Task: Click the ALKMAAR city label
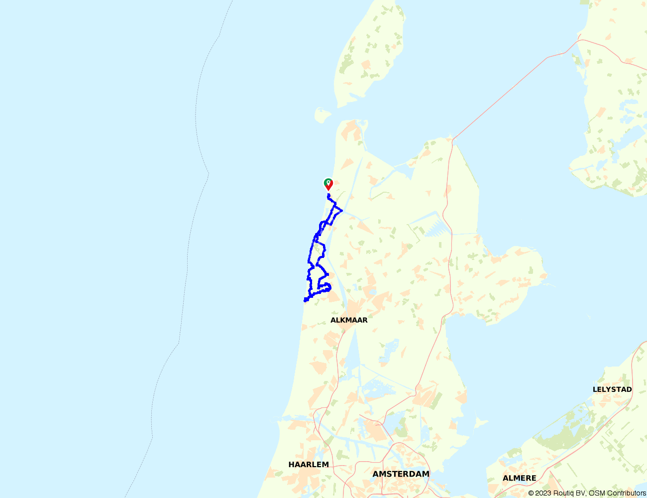[349, 320]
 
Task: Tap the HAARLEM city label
[309, 465]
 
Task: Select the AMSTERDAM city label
[401, 474]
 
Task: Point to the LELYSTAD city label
[612, 389]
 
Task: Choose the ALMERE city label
[519, 478]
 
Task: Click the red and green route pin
[328, 184]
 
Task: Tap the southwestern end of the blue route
[305, 300]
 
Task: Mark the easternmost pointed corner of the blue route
[341, 211]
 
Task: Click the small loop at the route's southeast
[325, 287]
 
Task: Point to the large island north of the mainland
[371, 55]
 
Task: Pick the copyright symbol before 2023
[531, 493]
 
